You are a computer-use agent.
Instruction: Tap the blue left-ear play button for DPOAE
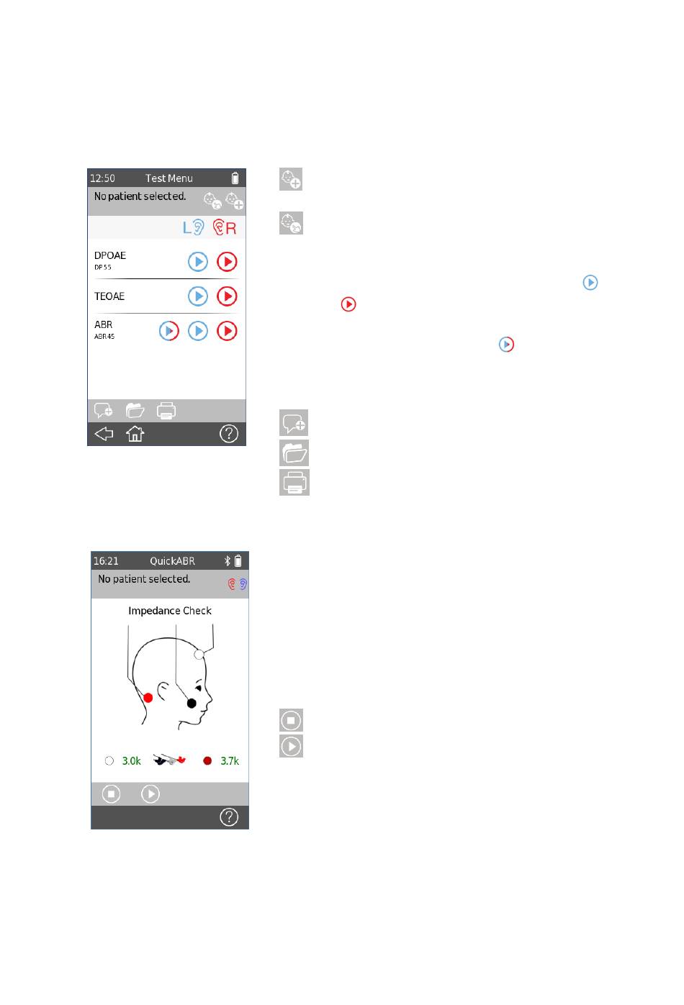click(x=197, y=262)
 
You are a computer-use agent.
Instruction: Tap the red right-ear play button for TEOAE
click(x=227, y=296)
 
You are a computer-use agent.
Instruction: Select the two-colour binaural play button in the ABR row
click(x=169, y=331)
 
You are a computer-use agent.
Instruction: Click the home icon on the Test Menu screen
click(x=135, y=434)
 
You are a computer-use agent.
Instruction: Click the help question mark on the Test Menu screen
click(x=228, y=434)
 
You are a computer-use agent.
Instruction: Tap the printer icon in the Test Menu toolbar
click(x=166, y=411)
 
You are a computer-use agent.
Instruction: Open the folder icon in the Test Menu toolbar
click(x=135, y=410)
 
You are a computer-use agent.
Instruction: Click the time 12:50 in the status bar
click(x=102, y=178)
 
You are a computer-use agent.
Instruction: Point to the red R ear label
click(x=225, y=227)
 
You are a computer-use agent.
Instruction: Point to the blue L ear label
click(x=194, y=227)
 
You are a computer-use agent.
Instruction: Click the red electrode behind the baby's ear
click(x=148, y=698)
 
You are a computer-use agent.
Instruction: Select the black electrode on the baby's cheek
click(x=192, y=704)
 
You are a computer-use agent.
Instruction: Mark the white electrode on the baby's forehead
click(x=199, y=655)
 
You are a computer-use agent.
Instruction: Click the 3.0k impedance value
click(x=131, y=761)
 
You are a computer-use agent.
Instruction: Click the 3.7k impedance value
click(x=230, y=761)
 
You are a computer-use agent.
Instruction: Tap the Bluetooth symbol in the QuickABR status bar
click(x=228, y=561)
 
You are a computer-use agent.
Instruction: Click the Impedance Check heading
click(x=170, y=611)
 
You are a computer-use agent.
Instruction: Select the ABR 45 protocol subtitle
click(x=104, y=337)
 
